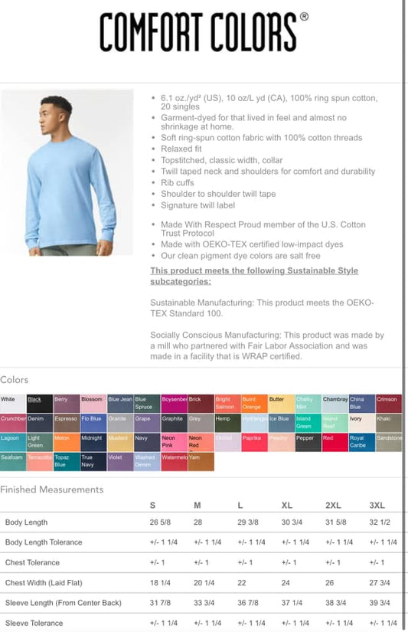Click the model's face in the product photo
click(x=57, y=112)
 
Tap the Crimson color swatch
click(x=389, y=403)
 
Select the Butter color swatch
click(x=281, y=403)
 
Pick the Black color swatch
click(x=40, y=403)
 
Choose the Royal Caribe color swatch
click(x=361, y=442)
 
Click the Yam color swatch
click(x=201, y=461)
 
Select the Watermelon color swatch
click(x=174, y=461)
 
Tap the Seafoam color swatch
click(x=13, y=461)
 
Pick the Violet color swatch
click(x=120, y=461)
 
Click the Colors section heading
click(x=15, y=380)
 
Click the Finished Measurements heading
click(x=51, y=490)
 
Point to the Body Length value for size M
click(x=198, y=522)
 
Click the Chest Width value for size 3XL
click(x=380, y=583)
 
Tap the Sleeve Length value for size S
click(x=160, y=603)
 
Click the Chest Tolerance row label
click(x=33, y=563)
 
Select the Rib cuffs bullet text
click(x=178, y=183)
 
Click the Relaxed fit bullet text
click(x=183, y=149)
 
